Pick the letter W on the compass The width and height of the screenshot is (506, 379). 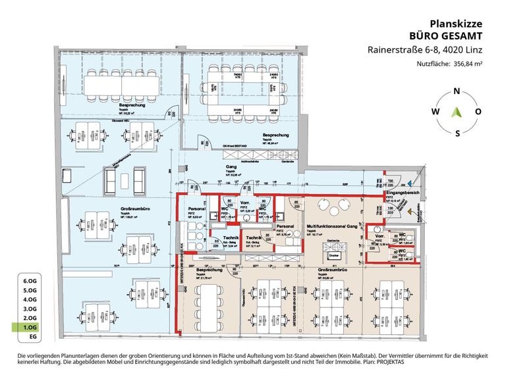(435, 112)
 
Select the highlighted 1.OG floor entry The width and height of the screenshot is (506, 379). (30, 326)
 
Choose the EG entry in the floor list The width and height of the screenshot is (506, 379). (30, 336)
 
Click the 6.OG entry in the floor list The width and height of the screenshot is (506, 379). (30, 280)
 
